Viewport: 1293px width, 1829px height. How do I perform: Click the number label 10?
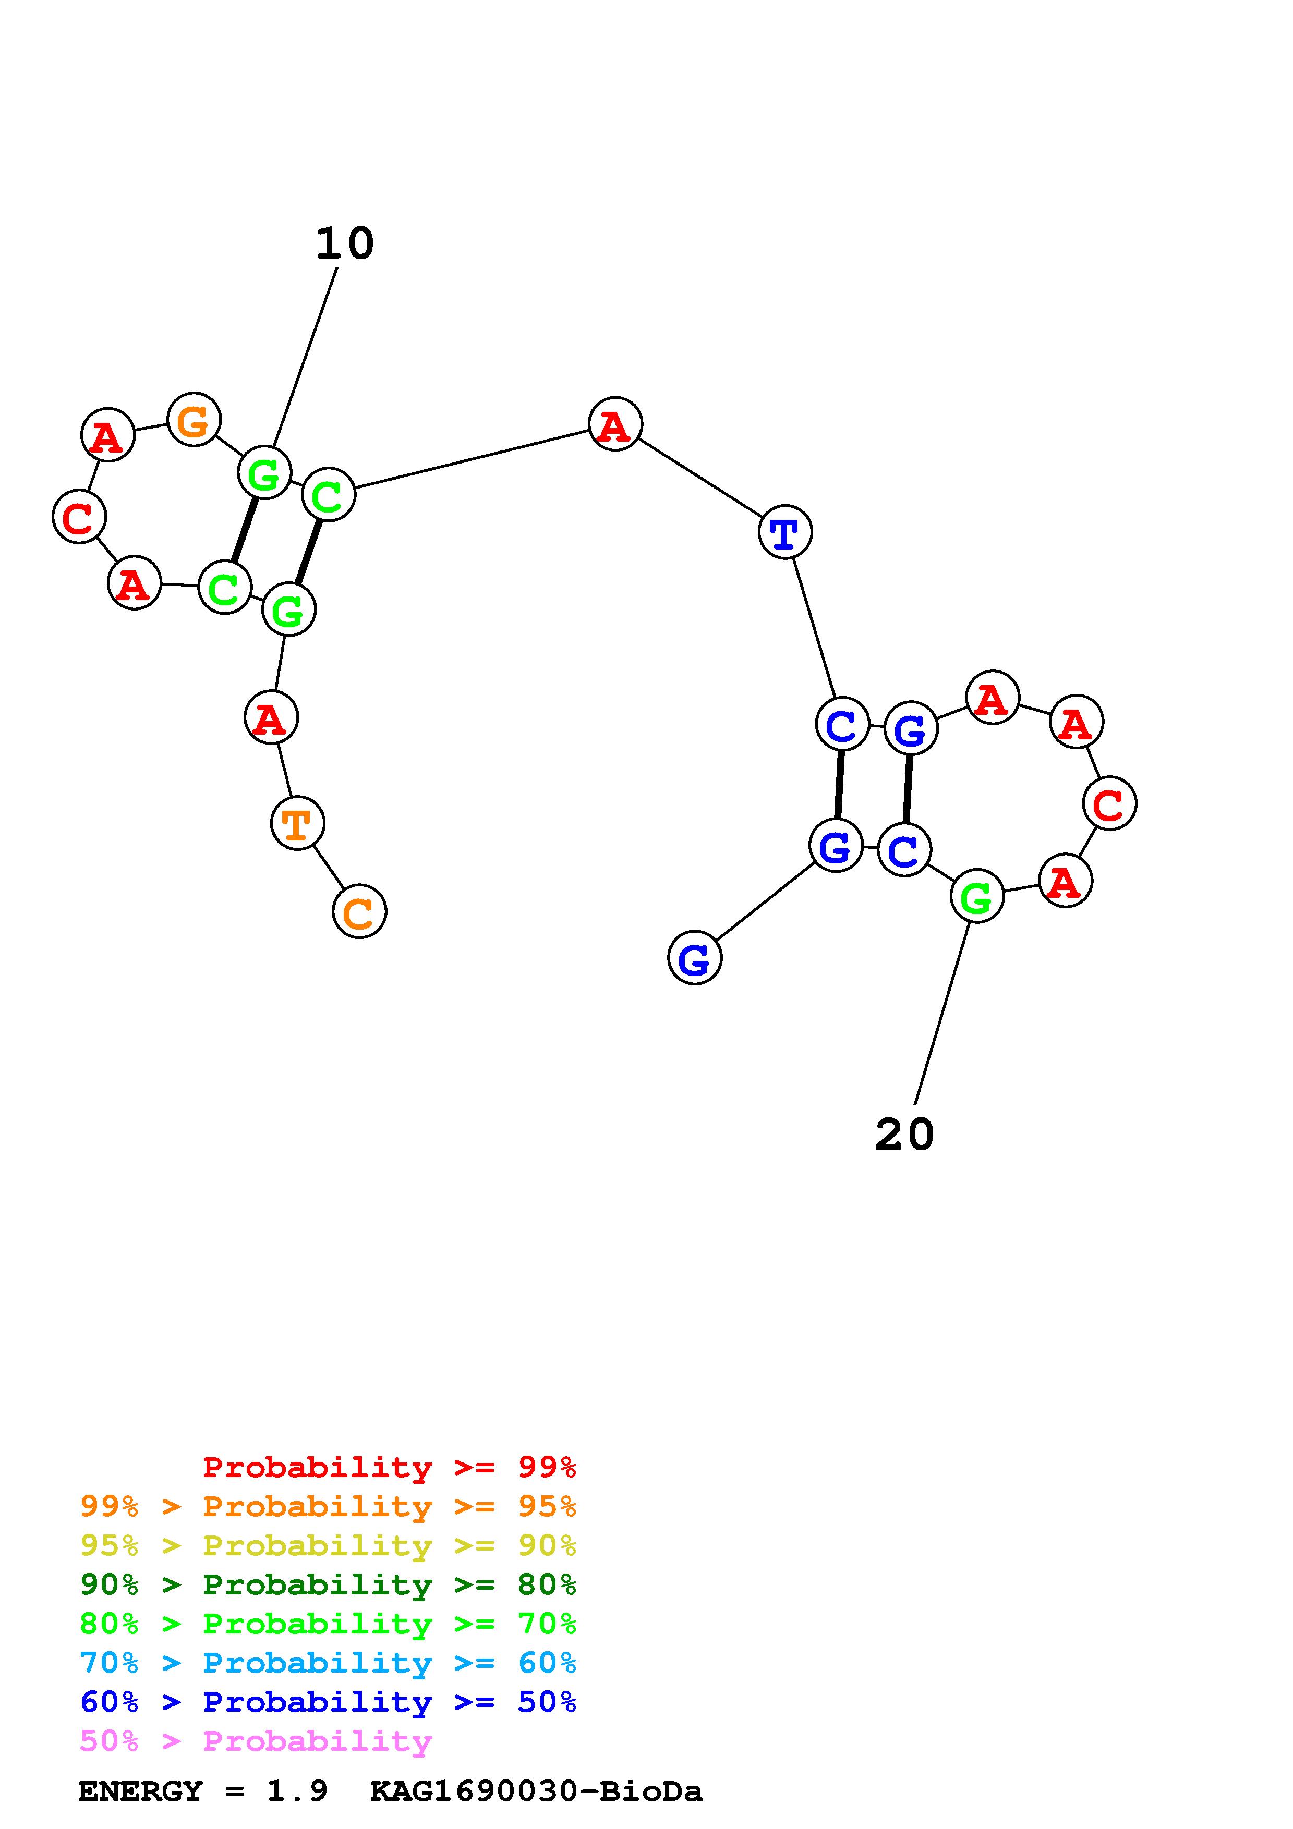click(x=344, y=244)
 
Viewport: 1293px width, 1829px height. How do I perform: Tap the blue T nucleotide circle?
click(x=785, y=532)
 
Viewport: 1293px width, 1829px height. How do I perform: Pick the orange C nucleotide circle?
click(x=359, y=911)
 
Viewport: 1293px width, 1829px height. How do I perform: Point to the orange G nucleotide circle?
click(x=194, y=419)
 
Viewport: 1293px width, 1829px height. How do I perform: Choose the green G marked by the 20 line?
click(x=977, y=896)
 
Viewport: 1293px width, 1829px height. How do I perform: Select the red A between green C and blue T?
click(x=615, y=424)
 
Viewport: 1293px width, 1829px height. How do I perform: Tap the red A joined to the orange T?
click(x=271, y=718)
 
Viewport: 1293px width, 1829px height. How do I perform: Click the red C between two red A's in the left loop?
click(x=79, y=517)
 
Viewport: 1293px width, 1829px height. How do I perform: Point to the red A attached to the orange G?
click(x=107, y=435)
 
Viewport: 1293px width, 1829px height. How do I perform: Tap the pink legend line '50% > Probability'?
click(x=256, y=1740)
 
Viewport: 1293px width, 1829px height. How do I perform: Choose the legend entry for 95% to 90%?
click(x=328, y=1545)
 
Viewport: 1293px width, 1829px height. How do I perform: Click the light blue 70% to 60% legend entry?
click(x=328, y=1663)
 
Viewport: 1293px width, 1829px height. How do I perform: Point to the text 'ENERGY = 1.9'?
click(x=203, y=1791)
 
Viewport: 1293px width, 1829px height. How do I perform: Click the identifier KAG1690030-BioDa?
click(x=536, y=1791)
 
